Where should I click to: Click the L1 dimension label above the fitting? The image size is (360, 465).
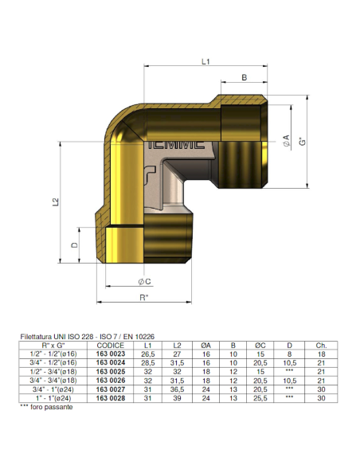point(205,61)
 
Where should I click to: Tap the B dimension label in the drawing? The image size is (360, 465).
point(244,77)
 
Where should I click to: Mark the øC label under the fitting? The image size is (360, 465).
point(144,282)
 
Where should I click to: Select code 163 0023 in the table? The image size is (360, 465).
point(111,353)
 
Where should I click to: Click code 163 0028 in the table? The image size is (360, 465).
point(111,398)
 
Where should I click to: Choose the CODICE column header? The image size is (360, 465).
point(111,345)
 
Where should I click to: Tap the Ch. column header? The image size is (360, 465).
point(321,345)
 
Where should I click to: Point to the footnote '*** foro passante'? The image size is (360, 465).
point(45,407)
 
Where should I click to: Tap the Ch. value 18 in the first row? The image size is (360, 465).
point(321,353)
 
